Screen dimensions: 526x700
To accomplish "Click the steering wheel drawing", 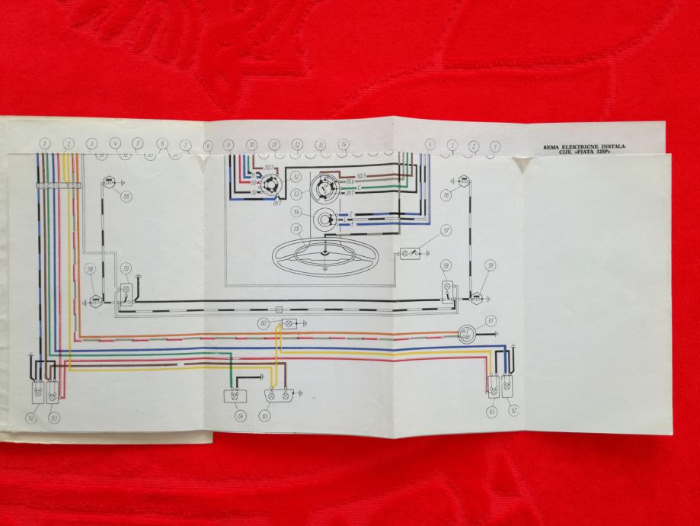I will tap(324, 255).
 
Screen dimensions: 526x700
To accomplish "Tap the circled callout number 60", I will tap(264, 323).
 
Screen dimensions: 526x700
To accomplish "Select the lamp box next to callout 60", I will tap(289, 323).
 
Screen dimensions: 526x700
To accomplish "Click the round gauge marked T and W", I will tap(465, 333).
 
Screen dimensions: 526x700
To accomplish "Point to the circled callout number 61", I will tap(491, 319).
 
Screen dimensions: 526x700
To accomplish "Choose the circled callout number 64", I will tap(241, 415).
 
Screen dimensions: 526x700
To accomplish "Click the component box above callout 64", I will tap(234, 396).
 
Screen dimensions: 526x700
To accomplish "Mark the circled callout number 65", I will tap(266, 416).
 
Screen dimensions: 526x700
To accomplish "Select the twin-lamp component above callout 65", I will tap(280, 396).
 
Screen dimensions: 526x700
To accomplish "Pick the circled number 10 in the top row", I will tap(251, 144).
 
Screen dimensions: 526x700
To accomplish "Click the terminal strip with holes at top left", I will tap(57, 185).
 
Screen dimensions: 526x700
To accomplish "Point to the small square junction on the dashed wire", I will tap(280, 310).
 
